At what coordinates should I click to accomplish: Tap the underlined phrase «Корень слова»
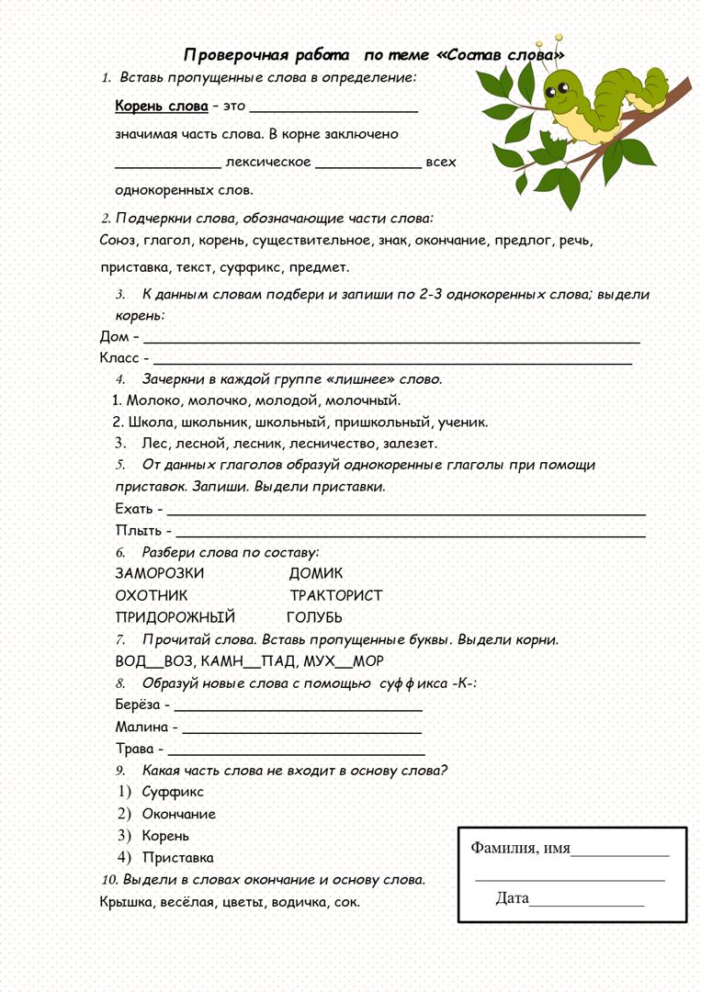click(162, 106)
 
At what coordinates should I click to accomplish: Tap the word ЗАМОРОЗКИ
click(160, 573)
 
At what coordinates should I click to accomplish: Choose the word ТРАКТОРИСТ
click(336, 595)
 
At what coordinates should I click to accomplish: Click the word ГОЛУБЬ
click(314, 617)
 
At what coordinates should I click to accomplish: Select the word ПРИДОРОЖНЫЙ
click(175, 617)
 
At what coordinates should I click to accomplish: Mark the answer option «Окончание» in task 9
click(178, 814)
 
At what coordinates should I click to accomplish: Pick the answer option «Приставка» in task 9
click(177, 858)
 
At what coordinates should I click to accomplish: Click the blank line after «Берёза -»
click(298, 708)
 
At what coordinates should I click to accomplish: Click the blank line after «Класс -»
click(391, 361)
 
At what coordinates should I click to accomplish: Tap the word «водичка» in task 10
click(294, 902)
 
